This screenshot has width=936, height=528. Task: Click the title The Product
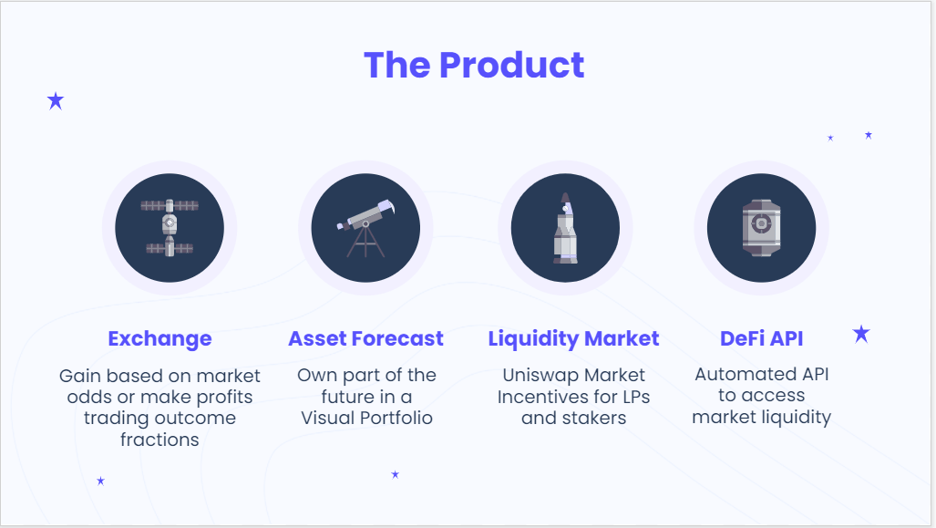[474, 65]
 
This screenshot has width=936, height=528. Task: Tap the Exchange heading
[159, 338]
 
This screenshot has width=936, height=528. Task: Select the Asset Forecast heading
[365, 338]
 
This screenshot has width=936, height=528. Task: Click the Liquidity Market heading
[573, 338]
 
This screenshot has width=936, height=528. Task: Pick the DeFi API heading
[761, 338]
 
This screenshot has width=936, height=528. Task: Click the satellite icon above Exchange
[170, 227]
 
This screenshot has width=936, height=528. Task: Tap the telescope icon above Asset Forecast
[365, 227]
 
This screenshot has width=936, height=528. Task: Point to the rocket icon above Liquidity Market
[565, 228]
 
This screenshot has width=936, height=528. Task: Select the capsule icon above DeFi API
[761, 227]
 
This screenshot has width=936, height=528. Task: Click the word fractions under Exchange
[159, 440]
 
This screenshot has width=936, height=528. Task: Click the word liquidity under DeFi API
[797, 418]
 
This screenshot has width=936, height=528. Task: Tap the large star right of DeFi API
[861, 334]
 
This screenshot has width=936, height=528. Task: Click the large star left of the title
[56, 100]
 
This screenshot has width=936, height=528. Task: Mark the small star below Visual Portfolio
[395, 474]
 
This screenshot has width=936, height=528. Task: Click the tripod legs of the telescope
[365, 243]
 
